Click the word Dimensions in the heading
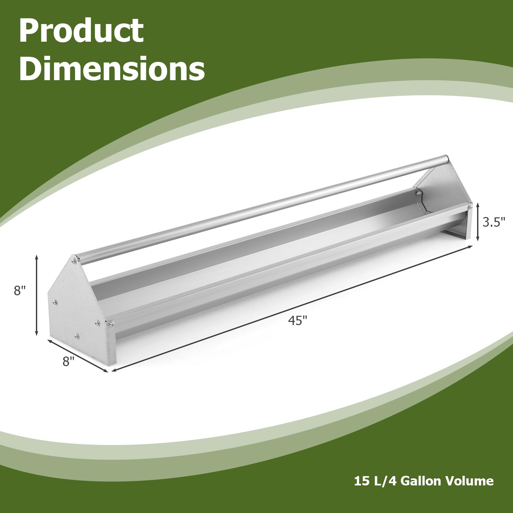[112, 69]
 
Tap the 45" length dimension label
[298, 320]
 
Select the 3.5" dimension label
[494, 222]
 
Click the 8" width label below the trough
[68, 362]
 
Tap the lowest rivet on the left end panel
[76, 336]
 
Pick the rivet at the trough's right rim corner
[470, 207]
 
